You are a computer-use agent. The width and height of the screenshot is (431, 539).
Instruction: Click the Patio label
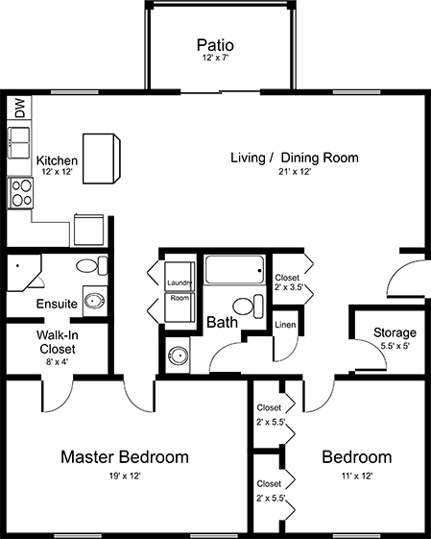pyautogui.click(x=215, y=45)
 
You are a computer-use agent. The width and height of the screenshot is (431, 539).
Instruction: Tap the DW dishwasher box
pyautogui.click(x=19, y=108)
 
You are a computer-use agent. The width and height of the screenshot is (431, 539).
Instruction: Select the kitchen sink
pyautogui.click(x=19, y=142)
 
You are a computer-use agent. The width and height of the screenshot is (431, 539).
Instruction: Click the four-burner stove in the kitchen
pyautogui.click(x=20, y=193)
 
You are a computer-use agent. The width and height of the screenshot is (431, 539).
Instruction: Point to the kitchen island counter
pyautogui.click(x=102, y=159)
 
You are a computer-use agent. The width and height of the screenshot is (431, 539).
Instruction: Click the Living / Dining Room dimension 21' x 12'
pyautogui.click(x=295, y=172)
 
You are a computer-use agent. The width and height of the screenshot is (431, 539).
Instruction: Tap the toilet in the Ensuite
pyautogui.click(x=92, y=265)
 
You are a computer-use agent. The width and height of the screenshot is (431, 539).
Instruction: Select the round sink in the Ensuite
pyautogui.click(x=95, y=301)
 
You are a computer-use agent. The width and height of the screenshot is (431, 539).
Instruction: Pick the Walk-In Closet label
pyautogui.click(x=57, y=342)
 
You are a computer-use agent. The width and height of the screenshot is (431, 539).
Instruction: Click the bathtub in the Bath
pyautogui.click(x=235, y=270)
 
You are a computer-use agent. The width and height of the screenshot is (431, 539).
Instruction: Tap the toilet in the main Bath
pyautogui.click(x=248, y=306)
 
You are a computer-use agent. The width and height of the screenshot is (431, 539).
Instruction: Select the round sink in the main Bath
pyautogui.click(x=178, y=355)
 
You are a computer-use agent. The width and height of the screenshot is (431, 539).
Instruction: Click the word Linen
pyautogui.click(x=285, y=325)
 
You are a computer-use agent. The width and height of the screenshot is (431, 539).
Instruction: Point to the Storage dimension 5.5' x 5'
pyautogui.click(x=395, y=346)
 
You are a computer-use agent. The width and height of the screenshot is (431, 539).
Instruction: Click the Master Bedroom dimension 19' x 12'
pyautogui.click(x=125, y=477)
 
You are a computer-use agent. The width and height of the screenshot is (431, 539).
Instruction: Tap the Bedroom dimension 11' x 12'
pyautogui.click(x=357, y=477)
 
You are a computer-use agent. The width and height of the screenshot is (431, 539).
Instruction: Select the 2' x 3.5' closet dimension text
pyautogui.click(x=289, y=287)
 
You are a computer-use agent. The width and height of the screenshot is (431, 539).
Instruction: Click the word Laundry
pyautogui.click(x=180, y=282)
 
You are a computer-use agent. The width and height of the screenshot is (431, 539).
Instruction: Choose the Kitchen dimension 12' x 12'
pyautogui.click(x=57, y=172)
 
